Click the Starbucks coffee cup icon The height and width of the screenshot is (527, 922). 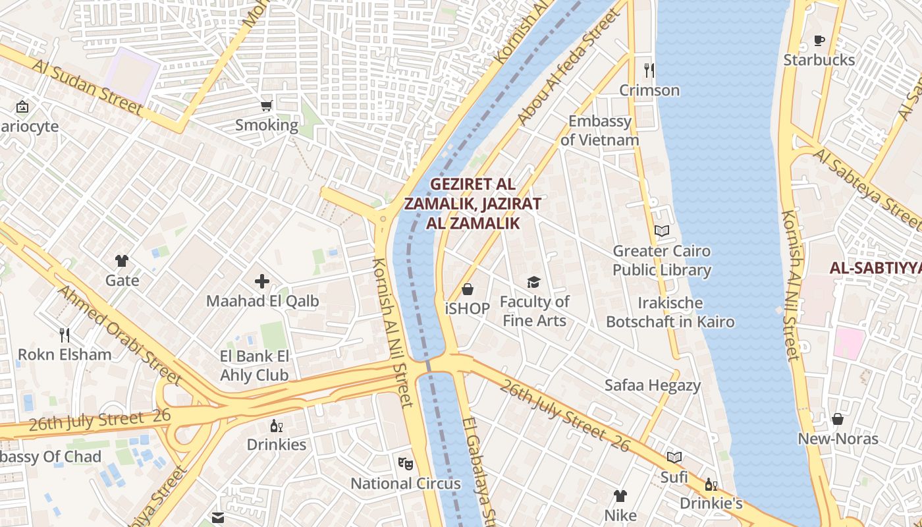coord(819,41)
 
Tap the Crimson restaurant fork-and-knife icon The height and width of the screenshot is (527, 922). coord(649,70)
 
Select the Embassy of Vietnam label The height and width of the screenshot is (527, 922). coord(600,130)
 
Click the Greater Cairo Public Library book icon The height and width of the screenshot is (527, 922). coord(662,231)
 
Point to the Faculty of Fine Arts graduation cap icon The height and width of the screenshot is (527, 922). coord(533,283)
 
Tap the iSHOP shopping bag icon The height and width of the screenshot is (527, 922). coord(468,289)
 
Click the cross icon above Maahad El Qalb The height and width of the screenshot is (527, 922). coord(262,282)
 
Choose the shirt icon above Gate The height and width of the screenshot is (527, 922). coord(122,261)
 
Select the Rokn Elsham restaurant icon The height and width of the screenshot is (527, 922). coord(65,335)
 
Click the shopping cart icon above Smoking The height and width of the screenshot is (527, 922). coord(267,105)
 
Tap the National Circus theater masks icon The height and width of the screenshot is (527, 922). coord(406,464)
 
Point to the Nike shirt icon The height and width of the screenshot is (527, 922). coord(620,495)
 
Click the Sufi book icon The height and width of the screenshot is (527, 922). coord(674,457)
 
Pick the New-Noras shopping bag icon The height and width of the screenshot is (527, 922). coord(838,419)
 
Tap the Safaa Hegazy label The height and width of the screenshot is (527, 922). coord(653,385)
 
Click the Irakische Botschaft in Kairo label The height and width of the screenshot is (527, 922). coord(670,312)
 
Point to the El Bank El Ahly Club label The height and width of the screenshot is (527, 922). coord(254,366)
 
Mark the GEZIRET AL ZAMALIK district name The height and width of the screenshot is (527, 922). coord(473,204)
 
